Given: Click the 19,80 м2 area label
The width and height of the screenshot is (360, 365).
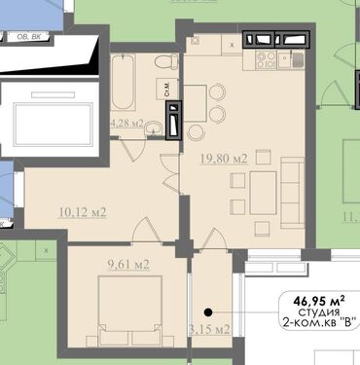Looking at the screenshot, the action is point(224,159).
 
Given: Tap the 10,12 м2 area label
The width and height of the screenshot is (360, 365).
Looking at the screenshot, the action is point(83,212).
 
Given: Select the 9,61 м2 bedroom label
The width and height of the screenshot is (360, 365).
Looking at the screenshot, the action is point(128,265).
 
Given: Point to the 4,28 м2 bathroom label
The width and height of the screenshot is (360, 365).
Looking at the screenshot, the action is point(127,124).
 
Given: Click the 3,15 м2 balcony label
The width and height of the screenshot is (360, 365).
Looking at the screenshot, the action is point(209,329).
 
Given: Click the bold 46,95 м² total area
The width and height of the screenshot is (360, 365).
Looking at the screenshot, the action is point(319,301).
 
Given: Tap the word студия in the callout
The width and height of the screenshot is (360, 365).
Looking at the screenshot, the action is point(319,312).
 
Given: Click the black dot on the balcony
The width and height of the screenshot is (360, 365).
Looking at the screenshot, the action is point(208,312).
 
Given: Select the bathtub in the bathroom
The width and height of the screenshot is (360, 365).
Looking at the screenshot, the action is point(123,82).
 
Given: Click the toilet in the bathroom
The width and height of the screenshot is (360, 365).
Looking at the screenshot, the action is point(166,61).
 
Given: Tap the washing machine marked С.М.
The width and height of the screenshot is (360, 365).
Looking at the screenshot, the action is point(167,89).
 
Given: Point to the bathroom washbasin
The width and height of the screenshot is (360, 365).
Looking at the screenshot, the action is point(154,128).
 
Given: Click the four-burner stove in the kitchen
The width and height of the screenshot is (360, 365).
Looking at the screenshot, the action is point(266,60).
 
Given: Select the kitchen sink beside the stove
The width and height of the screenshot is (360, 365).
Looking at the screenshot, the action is point(291,60).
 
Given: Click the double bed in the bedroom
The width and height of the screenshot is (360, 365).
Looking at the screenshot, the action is point(130,310).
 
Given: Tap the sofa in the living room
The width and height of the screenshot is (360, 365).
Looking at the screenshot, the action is point(292,193).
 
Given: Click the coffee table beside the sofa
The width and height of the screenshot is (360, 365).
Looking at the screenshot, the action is point(263,193).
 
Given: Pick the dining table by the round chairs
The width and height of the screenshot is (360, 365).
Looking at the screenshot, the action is point(196,103).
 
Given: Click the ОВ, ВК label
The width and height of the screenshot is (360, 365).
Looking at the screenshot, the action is point(28,37).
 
